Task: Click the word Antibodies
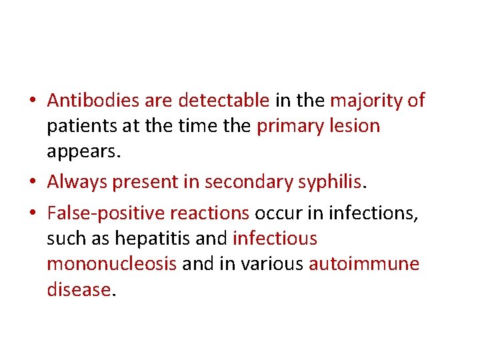(93, 101)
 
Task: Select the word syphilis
(332, 181)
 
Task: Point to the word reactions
(209, 213)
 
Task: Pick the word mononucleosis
(111, 264)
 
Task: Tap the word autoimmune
(364, 264)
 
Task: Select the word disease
(78, 289)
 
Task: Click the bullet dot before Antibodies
(32, 101)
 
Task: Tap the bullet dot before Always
(32, 182)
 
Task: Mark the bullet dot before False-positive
(32, 213)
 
